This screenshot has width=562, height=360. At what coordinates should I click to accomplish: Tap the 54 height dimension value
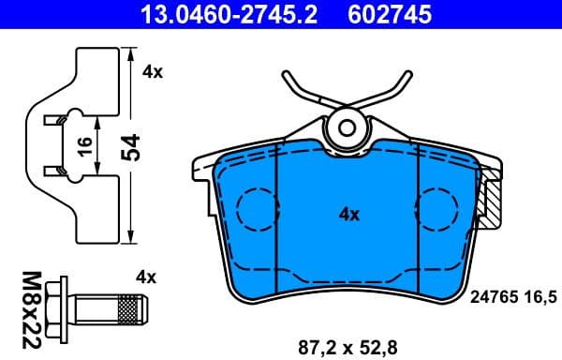132,146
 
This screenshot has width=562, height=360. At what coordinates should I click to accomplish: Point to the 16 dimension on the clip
82,144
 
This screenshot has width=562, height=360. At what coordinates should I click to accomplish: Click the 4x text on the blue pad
348,214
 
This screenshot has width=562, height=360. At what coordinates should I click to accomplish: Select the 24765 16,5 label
510,297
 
